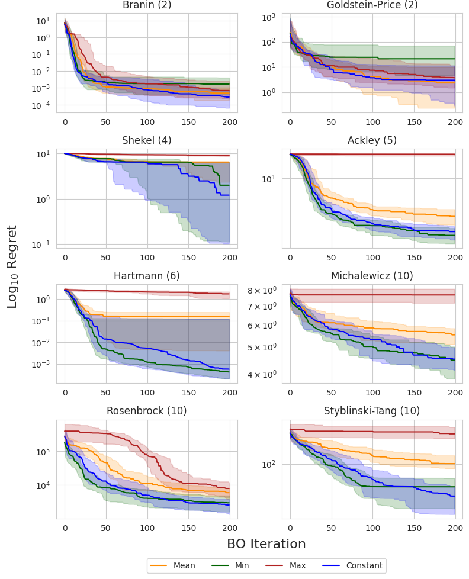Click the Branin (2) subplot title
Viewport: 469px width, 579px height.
click(147, 5)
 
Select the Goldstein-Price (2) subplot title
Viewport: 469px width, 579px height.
click(372, 5)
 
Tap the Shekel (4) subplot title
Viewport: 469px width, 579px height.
click(147, 140)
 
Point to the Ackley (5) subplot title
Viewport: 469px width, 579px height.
click(372, 140)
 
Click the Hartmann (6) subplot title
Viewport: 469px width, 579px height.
click(147, 276)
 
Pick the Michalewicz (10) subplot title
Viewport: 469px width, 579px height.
click(372, 276)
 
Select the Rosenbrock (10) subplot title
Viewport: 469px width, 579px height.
click(147, 411)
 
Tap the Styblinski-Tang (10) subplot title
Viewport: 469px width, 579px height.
click(372, 411)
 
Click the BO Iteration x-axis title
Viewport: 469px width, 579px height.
click(266, 544)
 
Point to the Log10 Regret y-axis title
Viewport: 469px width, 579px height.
click(12, 266)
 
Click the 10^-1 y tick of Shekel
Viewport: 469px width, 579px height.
click(45, 245)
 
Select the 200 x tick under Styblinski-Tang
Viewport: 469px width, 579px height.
click(455, 527)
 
